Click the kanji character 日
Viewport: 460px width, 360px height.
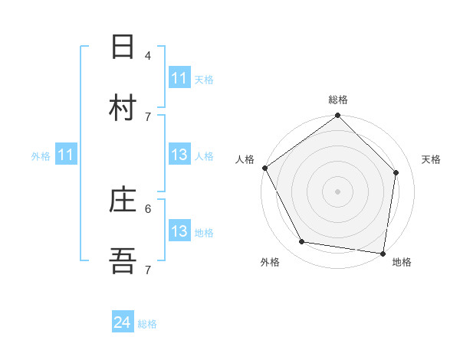click(123, 47)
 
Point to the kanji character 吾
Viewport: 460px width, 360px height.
click(123, 262)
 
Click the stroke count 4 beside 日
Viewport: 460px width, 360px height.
click(148, 55)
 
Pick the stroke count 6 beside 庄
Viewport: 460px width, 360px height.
click(148, 208)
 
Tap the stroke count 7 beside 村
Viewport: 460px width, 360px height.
click(148, 116)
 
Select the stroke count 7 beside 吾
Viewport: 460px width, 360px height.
click(148, 270)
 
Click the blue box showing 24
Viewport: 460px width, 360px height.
click(123, 323)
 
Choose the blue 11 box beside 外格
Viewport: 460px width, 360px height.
click(65, 155)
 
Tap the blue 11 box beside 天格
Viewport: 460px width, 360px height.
click(179, 78)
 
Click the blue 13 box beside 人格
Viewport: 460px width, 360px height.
click(179, 155)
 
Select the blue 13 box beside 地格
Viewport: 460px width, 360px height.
click(179, 232)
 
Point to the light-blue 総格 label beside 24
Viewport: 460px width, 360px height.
click(147, 324)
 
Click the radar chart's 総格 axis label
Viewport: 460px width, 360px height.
click(338, 100)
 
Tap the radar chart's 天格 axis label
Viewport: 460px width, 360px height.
click(432, 159)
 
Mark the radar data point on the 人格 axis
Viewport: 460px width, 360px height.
click(265, 168)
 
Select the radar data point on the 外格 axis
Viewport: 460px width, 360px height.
click(302, 242)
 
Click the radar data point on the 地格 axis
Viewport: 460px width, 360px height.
click(383, 253)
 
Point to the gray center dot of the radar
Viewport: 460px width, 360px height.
click(338, 191)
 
